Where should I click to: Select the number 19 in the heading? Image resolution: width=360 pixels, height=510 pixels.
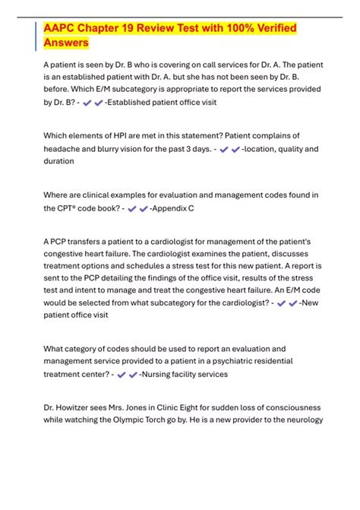point(141,28)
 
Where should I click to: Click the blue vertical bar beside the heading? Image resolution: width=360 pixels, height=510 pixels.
point(36,36)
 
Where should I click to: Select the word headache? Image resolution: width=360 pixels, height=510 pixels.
point(65,149)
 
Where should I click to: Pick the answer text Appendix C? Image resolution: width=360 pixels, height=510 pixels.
point(178,207)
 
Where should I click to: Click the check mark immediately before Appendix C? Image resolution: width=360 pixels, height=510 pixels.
point(144,207)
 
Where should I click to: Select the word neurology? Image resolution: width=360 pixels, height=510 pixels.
point(303,420)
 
